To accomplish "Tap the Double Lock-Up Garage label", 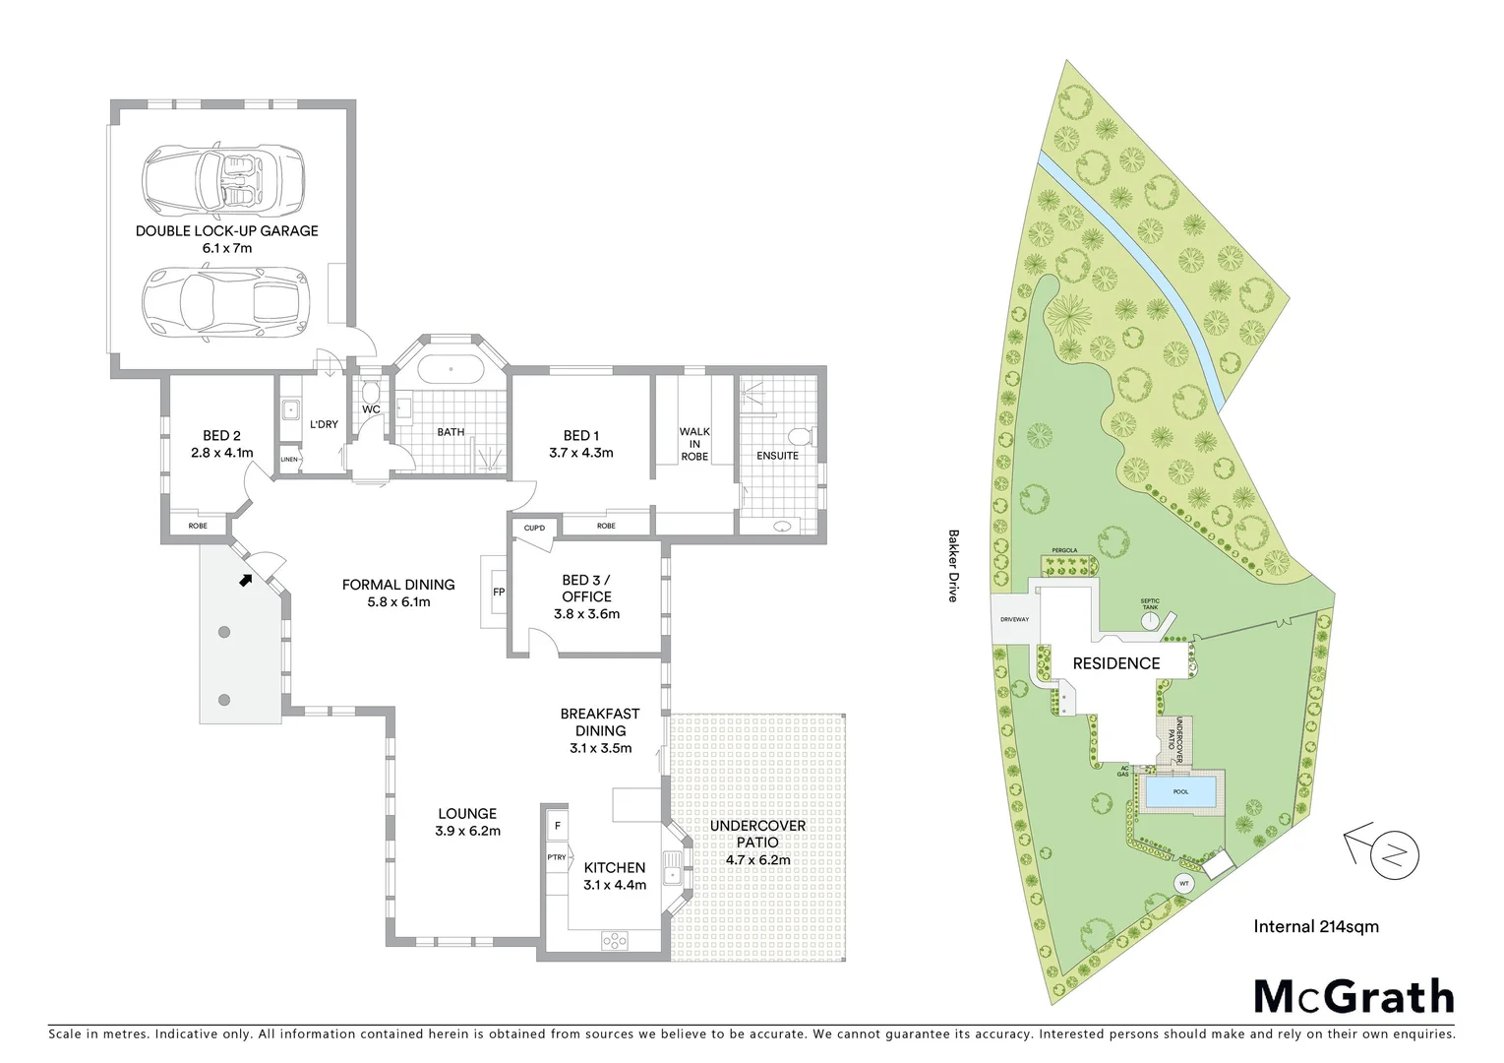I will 227,231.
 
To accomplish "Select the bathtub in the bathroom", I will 451,372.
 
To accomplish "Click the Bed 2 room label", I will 221,436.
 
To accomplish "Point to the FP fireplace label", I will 499,593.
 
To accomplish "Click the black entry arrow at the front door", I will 244,580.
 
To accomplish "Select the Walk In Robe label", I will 693,444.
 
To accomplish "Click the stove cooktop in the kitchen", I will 615,941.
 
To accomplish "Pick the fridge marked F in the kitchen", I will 558,826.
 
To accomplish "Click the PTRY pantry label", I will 557,857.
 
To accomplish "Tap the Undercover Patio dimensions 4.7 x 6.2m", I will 757,860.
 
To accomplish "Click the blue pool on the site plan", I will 1180,792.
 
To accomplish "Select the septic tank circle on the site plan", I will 1151,622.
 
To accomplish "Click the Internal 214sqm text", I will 1315,926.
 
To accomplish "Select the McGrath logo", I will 1354,997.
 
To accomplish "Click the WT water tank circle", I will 1184,884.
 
